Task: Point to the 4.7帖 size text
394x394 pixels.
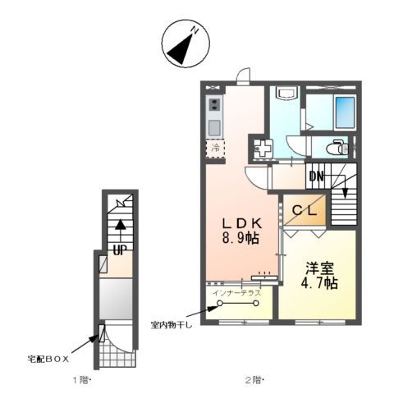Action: (x=319, y=283)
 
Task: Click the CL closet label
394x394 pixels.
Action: (x=307, y=211)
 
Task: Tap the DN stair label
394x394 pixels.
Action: (x=317, y=176)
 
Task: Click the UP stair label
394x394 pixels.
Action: (x=120, y=248)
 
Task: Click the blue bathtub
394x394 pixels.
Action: (x=344, y=112)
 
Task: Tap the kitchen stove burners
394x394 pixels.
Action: (x=214, y=105)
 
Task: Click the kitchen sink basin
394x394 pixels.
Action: (x=214, y=127)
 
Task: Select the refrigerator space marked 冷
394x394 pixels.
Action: (x=215, y=149)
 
